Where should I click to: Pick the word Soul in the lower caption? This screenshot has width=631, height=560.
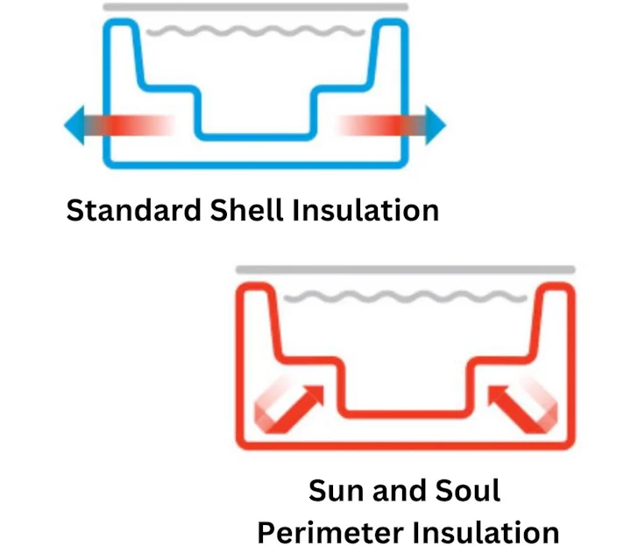pos(464,490)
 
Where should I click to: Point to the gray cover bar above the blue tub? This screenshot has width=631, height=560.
pos(255,7)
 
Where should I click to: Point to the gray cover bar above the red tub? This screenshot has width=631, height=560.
pos(405,269)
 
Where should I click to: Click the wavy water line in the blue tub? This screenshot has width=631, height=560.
pos(255,33)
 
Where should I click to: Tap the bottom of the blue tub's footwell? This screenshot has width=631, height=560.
pos(255,136)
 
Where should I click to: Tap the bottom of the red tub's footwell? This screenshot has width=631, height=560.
pos(405,410)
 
